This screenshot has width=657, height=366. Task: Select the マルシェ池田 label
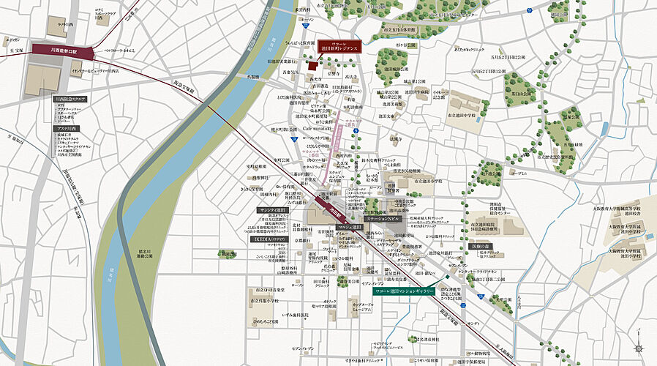[x=351, y=228]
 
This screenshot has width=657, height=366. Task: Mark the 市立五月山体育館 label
[x=555, y=155]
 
